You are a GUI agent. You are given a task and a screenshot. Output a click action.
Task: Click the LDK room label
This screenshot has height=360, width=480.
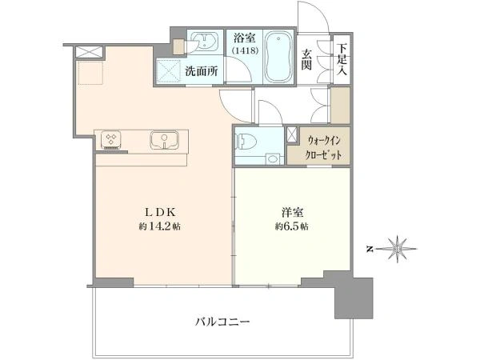159,212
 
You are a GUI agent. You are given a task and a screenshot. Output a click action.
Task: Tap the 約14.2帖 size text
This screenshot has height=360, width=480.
159,226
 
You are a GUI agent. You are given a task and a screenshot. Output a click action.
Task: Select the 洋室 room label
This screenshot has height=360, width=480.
292,212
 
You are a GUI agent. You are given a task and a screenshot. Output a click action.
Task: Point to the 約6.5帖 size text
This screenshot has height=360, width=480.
291,226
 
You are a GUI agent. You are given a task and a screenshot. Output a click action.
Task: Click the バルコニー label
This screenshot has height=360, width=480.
222,322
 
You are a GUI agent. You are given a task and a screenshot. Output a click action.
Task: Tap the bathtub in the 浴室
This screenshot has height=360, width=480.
278,57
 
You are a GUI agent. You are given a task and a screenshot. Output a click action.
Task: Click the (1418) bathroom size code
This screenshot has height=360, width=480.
246,50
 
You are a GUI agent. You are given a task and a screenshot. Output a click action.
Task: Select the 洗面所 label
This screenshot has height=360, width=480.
202,71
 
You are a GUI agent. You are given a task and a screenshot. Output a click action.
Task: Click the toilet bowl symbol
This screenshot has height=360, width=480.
246,141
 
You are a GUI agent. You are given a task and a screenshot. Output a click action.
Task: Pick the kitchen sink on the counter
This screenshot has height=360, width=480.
164,140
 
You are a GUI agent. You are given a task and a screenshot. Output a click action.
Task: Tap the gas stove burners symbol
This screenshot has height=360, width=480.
110,139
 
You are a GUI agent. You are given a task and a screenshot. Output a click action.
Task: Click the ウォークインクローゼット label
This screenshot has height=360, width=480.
323,148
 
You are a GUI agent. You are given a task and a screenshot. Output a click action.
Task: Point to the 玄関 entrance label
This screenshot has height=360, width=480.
306,59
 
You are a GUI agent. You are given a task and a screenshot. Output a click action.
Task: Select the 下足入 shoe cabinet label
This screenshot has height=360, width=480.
342,59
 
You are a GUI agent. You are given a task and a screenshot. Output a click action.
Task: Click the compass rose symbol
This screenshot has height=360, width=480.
397,249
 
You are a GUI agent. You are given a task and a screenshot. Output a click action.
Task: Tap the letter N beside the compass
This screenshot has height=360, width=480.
370,249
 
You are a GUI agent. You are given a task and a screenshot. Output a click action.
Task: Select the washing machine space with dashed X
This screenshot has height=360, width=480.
168,72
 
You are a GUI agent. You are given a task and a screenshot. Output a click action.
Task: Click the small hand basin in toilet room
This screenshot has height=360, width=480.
271,159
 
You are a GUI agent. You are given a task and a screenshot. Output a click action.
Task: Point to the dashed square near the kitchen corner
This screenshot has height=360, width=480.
90,73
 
